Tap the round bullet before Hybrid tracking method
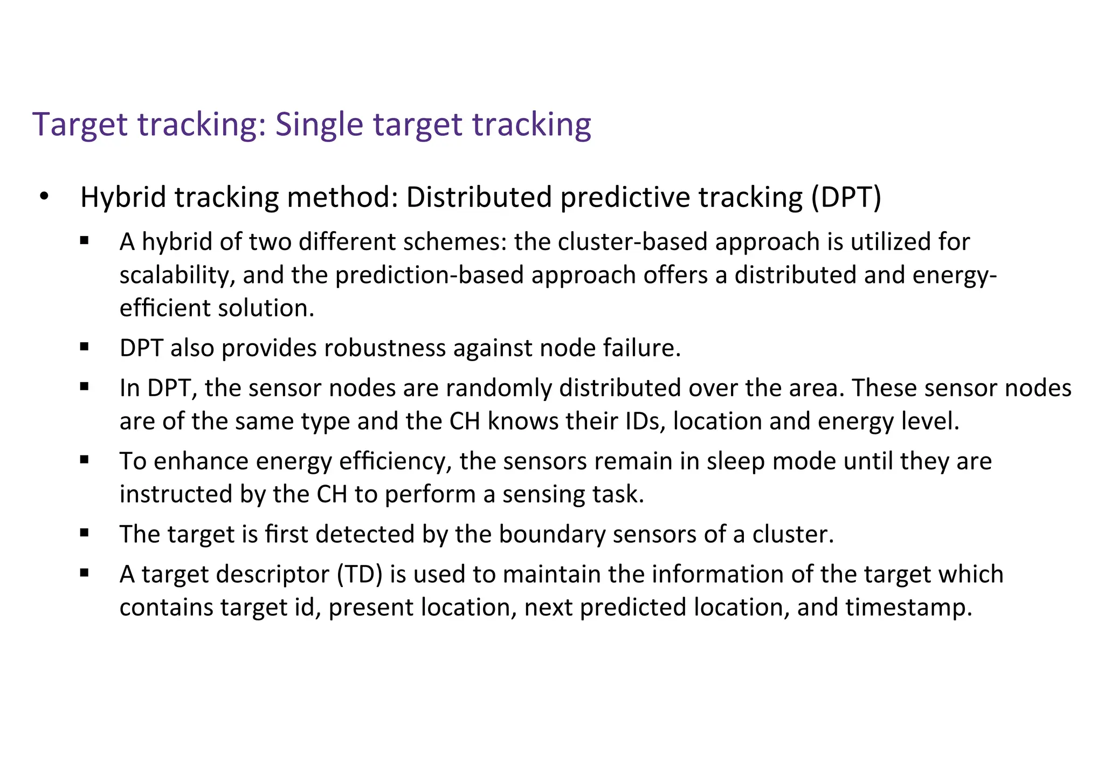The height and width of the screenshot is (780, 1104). coord(44,197)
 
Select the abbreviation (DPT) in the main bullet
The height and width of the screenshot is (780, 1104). coord(846,197)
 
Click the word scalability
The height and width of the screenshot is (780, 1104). coord(177,275)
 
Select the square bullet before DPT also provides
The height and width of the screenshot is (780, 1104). coord(84,347)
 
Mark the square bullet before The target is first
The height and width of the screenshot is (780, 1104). coord(84,534)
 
